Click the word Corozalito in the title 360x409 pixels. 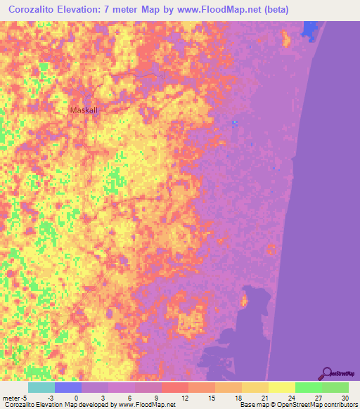coord(38,10)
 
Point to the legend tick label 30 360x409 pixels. coord(343,398)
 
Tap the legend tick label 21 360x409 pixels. coord(263,398)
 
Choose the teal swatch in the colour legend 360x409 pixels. coord(41,387)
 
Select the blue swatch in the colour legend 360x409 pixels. coord(68,387)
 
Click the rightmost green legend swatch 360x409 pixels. coord(335,387)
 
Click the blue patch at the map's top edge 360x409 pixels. coord(309,30)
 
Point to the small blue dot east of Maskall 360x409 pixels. coord(235,124)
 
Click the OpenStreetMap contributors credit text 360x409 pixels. coord(309,405)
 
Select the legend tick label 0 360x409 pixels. coord(76,398)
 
